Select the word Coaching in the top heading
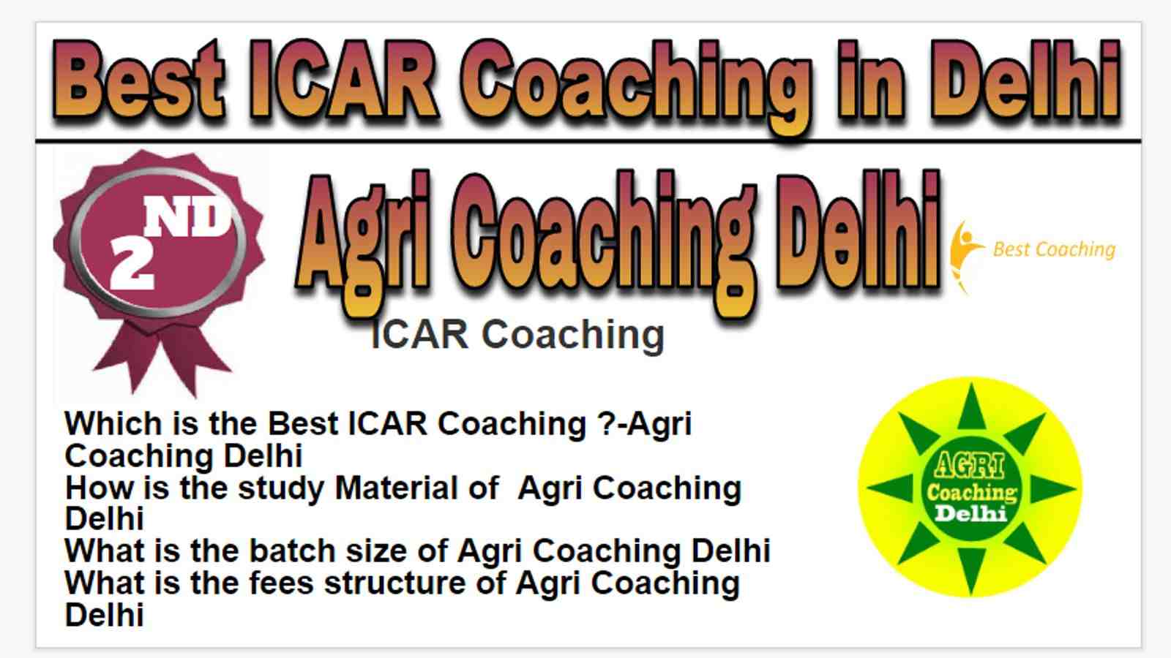pos(636,86)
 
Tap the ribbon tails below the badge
pos(162,358)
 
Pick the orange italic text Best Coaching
pos(1054,250)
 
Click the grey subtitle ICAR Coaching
pos(517,336)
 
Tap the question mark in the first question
pos(606,423)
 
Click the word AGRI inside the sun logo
pos(969,466)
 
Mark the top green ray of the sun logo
pos(971,407)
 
